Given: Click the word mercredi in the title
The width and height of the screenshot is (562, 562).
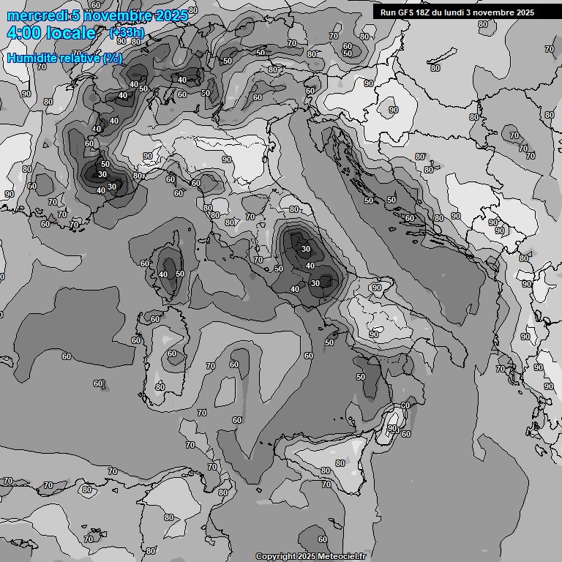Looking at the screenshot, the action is click(x=37, y=15).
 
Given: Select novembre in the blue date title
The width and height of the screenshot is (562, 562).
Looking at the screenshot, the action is click(x=113, y=15).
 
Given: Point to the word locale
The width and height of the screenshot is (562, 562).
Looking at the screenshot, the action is click(x=71, y=33).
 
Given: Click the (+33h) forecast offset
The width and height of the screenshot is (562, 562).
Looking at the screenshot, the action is click(x=127, y=33).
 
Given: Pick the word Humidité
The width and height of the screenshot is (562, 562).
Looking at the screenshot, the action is click(x=31, y=58).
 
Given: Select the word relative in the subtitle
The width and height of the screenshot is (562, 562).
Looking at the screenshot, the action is click(x=78, y=58).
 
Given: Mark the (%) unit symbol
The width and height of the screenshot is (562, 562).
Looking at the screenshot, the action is click(x=112, y=58).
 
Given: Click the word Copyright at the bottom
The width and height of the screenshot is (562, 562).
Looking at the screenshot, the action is click(x=276, y=556).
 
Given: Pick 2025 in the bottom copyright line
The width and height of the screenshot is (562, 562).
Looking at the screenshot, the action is click(x=307, y=556).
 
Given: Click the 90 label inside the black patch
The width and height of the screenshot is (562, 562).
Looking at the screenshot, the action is click(x=391, y=428).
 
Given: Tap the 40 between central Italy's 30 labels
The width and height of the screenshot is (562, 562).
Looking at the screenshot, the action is click(x=310, y=266).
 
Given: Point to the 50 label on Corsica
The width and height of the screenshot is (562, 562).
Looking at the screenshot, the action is click(x=180, y=274).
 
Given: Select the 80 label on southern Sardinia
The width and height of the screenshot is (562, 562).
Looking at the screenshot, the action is click(x=160, y=387).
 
